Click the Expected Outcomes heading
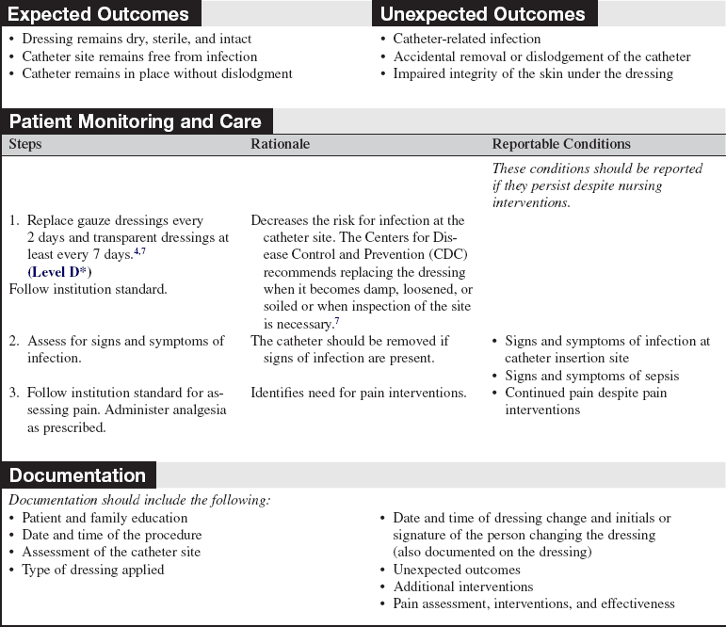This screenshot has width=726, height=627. pos(98,14)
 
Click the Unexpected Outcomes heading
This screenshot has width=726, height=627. pos(482,14)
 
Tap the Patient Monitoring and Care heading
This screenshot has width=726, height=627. pos(136,121)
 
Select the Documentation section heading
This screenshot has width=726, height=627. pos(77,475)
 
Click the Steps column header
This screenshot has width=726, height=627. pos(25,144)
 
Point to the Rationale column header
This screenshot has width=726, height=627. pos(280,144)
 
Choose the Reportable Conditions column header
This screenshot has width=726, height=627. pos(561,144)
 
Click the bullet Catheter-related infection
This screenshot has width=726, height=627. pos(466,40)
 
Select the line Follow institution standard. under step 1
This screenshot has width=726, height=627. pos(88,289)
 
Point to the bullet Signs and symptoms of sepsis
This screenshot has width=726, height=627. pos(591,376)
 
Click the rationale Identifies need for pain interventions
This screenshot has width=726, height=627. pos(359,393)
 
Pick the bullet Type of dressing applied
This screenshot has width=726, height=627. pos(92,570)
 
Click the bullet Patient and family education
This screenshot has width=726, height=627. pos(105,518)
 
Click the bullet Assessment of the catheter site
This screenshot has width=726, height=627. pos(111,553)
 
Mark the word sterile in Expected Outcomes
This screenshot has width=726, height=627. pos(169,40)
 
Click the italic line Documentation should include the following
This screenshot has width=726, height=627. pos(139,500)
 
